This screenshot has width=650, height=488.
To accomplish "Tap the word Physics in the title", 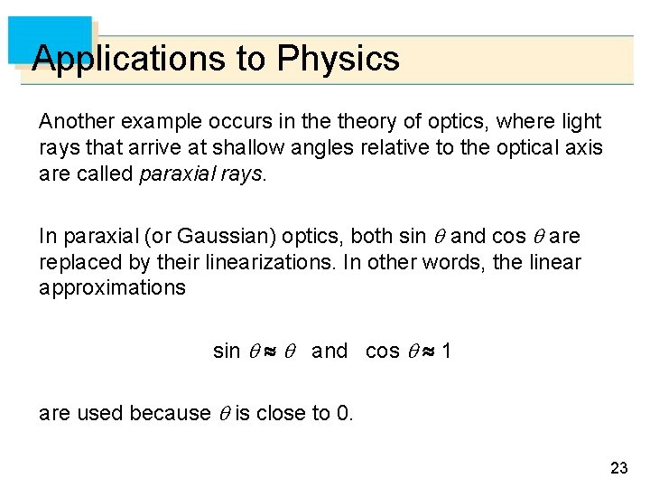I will point(338,59).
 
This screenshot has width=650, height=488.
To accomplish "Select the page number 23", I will point(618,467).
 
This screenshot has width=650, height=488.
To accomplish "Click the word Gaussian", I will point(218,237).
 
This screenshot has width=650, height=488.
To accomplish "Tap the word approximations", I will point(112,288).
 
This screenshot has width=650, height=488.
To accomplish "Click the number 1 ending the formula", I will point(446,351).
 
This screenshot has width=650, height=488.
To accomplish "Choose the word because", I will point(171,414).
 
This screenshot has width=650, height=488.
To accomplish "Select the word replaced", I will point(76,262).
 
